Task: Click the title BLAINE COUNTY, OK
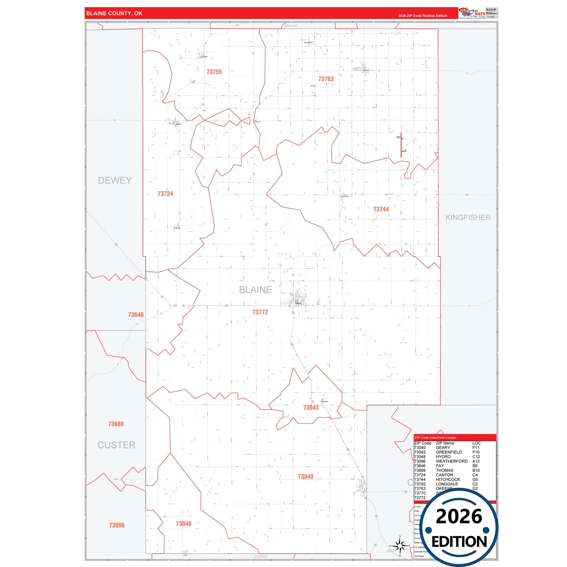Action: (114, 13)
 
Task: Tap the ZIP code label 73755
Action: (214, 72)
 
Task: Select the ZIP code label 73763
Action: (326, 79)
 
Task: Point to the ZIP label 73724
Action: (165, 194)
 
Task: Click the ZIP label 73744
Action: (381, 210)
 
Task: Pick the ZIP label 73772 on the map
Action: (260, 312)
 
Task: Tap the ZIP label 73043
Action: (311, 408)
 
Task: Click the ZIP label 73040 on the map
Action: (306, 477)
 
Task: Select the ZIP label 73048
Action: (184, 524)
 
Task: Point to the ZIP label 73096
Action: (117, 525)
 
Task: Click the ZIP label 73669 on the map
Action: (116, 424)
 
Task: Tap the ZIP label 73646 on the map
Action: (136, 315)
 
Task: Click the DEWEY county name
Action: (115, 180)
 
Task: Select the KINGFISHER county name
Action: (468, 217)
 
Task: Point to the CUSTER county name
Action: (117, 445)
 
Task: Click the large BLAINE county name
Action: (255, 290)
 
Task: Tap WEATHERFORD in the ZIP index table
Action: (452, 461)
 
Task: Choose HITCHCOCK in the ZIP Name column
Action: (448, 479)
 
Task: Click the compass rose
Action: (399, 545)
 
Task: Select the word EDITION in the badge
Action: (459, 542)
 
